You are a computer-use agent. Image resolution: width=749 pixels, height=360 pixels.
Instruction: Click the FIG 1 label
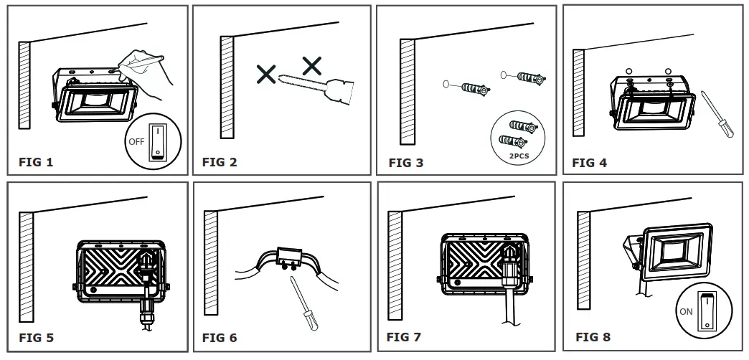36,162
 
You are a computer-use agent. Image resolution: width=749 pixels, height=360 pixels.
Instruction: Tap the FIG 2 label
220,162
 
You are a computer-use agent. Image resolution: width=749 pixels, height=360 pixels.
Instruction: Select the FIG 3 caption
406,163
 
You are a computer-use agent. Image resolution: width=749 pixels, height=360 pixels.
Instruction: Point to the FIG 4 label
589,163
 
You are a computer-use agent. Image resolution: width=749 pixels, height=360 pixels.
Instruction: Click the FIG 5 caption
36,337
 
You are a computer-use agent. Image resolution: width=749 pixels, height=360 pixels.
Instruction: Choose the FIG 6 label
220,337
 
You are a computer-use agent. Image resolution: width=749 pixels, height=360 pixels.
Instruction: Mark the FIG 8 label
593,336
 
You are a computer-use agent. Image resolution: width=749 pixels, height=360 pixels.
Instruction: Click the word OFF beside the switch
136,141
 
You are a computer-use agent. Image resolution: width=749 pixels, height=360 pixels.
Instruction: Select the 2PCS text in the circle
516,154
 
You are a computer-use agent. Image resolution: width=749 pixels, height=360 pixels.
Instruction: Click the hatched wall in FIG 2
227,86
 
